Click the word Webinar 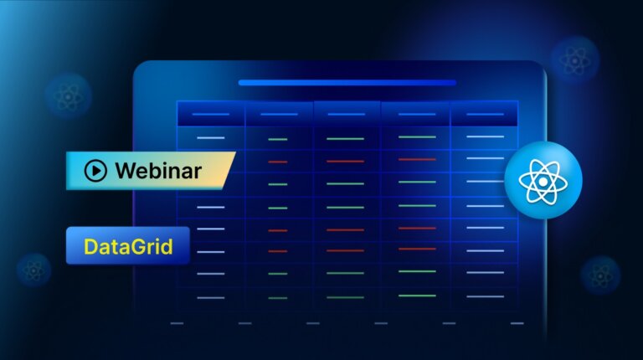click(x=157, y=171)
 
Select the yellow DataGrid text click(x=127, y=247)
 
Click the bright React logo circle click(x=543, y=180)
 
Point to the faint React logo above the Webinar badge click(x=68, y=95)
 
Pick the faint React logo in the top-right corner click(x=574, y=59)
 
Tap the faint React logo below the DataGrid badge click(x=33, y=270)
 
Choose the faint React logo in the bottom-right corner click(x=600, y=275)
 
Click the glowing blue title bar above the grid click(x=347, y=83)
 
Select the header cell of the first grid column click(x=210, y=115)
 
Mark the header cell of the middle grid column click(x=346, y=115)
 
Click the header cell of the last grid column click(x=485, y=115)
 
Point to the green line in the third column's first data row click(x=345, y=138)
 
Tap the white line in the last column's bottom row click(x=485, y=295)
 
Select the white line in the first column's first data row click(x=210, y=138)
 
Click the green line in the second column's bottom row click(x=278, y=297)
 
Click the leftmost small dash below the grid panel click(x=176, y=323)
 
